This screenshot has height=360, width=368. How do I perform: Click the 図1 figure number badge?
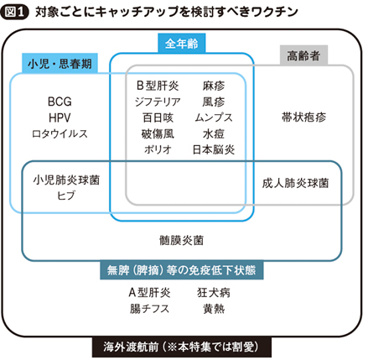15,12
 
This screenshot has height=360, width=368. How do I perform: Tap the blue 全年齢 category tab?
182,44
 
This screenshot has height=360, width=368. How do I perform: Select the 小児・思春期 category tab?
60,63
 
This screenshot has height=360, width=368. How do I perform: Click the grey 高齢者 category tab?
303,55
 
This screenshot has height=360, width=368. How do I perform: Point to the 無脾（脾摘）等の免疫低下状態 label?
182,270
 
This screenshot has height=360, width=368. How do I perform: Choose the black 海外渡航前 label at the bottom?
182,347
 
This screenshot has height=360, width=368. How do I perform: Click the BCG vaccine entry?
60,102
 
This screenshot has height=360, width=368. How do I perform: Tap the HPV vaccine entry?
60,117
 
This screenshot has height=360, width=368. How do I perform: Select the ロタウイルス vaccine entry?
60,133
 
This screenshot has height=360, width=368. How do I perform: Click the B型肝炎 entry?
158,86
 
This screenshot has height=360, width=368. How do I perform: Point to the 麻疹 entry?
214,86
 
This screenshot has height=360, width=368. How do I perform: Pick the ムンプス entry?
214,117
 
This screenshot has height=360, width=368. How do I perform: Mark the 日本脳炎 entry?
214,149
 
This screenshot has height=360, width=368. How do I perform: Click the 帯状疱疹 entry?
303,117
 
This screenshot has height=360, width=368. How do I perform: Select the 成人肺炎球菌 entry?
295,183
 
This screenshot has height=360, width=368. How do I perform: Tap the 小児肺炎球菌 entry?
66,180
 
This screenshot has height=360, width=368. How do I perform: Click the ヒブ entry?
66,196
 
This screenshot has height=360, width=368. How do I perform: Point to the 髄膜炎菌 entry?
182,240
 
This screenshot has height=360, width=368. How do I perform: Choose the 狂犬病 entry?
214,293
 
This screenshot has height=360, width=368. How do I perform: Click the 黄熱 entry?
214,309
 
